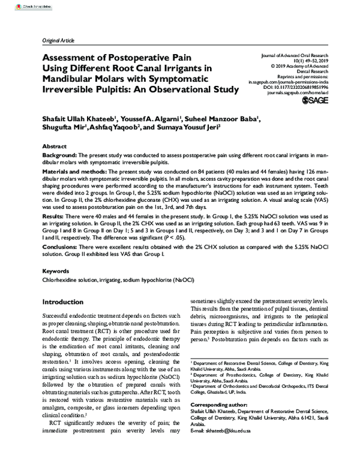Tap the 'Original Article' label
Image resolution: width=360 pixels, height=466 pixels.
coord(58,40)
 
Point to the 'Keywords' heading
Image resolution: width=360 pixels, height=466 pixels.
coord(57,271)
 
